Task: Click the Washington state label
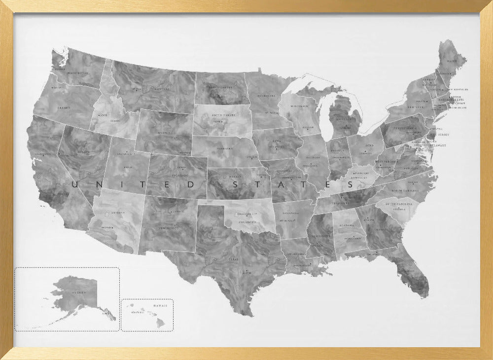click(77, 73)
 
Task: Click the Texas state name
click(233, 258)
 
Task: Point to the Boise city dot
click(99, 115)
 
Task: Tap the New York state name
click(416, 107)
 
